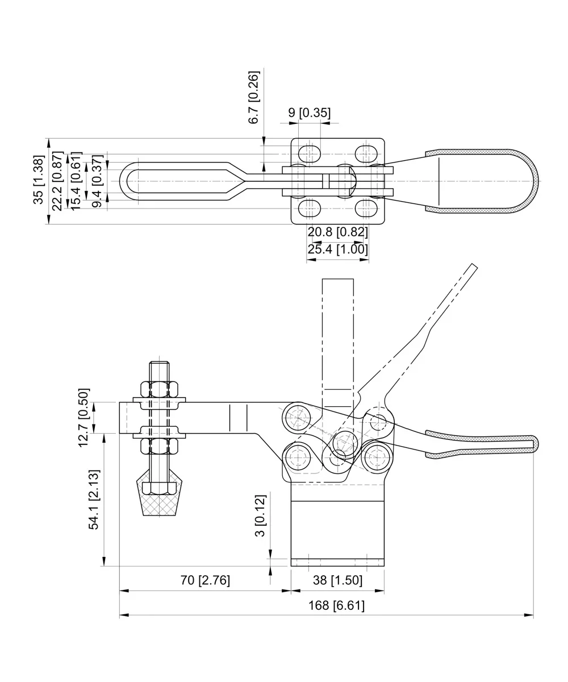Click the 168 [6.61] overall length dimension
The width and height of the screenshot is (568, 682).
(336, 606)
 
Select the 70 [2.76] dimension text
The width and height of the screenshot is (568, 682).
(205, 581)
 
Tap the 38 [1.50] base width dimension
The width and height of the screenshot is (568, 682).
(337, 581)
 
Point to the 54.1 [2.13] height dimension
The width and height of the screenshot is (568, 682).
(94, 500)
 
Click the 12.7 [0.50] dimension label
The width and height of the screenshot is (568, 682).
(83, 418)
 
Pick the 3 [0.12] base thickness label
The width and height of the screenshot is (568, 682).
(260, 516)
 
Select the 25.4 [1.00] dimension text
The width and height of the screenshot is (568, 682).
(337, 249)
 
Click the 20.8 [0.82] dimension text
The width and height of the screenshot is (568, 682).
(337, 232)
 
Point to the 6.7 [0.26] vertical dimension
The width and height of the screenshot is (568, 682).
(254, 97)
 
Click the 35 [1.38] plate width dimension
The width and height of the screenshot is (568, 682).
(38, 180)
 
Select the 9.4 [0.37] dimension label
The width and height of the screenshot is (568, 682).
(97, 181)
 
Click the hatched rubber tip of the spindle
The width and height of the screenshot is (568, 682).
(160, 505)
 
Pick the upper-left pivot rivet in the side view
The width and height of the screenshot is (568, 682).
(298, 419)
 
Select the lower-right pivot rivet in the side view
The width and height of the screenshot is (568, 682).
(377, 457)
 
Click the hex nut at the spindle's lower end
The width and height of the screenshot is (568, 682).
(160, 488)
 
